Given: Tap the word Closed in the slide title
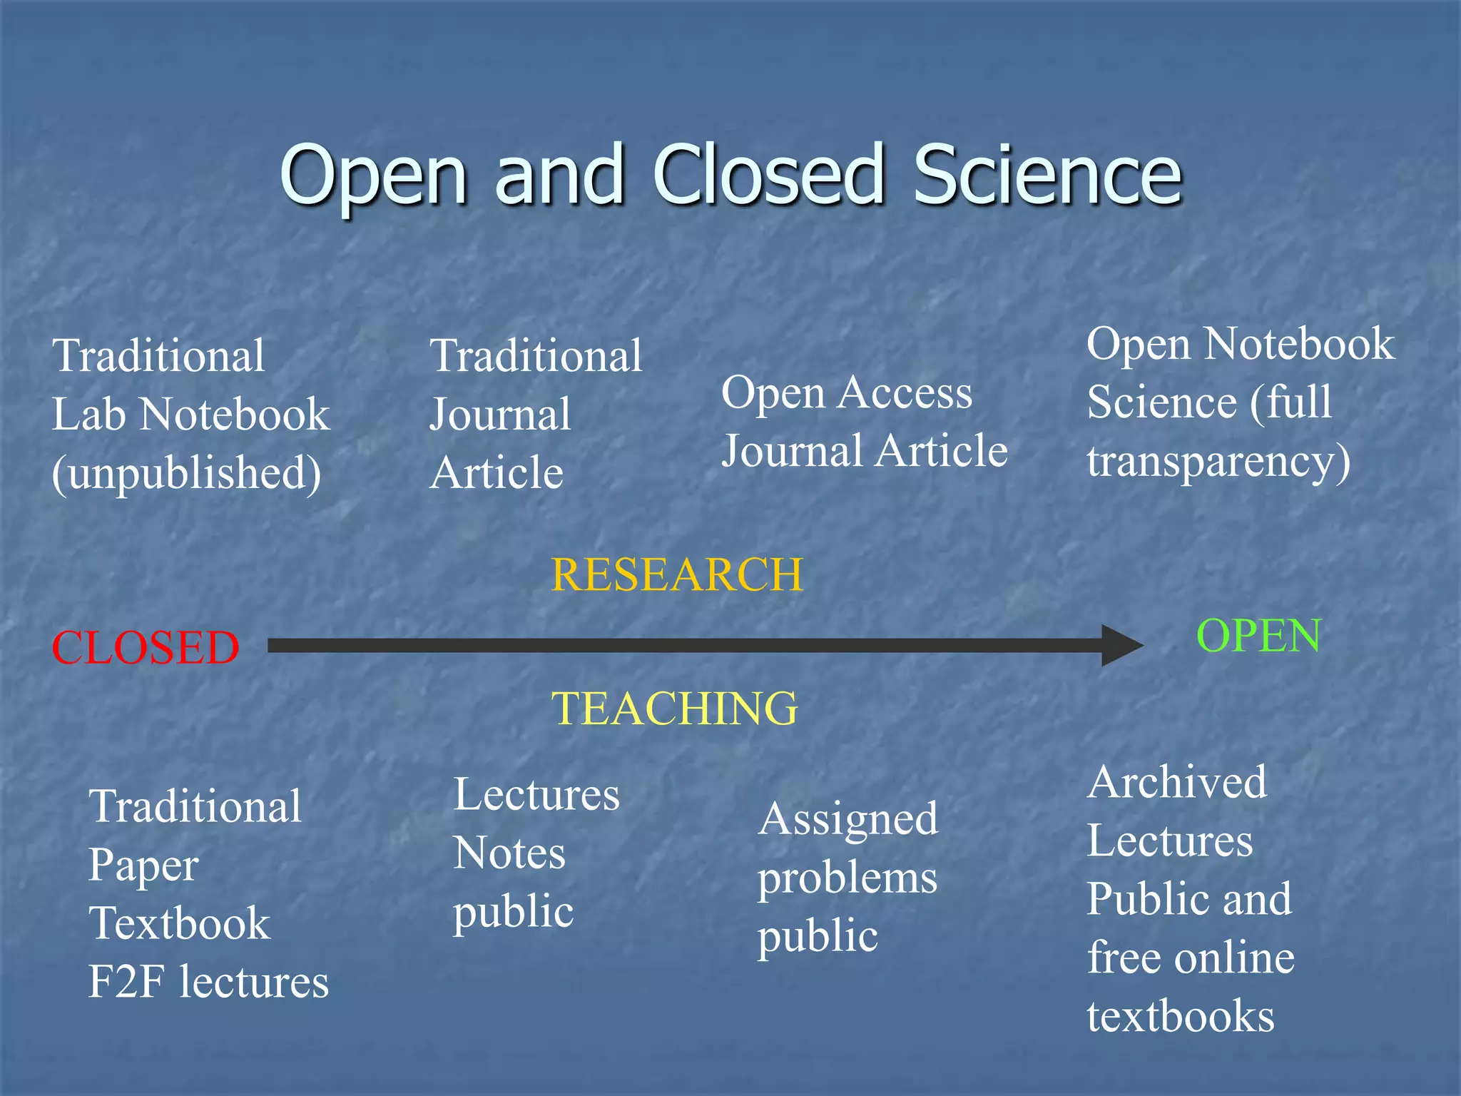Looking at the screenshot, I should pyautogui.click(x=768, y=175).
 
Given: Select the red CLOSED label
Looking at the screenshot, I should pyautogui.click(x=146, y=648).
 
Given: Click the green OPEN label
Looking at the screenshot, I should pyautogui.click(x=1258, y=636).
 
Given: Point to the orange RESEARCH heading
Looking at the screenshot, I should pyautogui.click(x=677, y=575).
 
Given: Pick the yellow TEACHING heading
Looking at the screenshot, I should pyautogui.click(x=675, y=709).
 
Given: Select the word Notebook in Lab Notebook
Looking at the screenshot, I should pyautogui.click(x=235, y=415).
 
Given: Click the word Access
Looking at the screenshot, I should pyautogui.click(x=905, y=393).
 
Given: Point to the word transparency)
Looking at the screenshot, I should pyautogui.click(x=1218, y=462).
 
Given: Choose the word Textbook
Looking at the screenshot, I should pyautogui.click(x=180, y=923).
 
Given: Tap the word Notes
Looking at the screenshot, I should pyautogui.click(x=509, y=853).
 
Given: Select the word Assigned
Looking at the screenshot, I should pyautogui.click(x=848, y=819).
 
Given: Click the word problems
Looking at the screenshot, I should pyautogui.click(x=847, y=879).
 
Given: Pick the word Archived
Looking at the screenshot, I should pyautogui.click(x=1177, y=783).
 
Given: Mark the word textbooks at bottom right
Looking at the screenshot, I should pyautogui.click(x=1181, y=1016).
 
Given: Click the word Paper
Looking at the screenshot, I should pyautogui.click(x=143, y=866).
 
